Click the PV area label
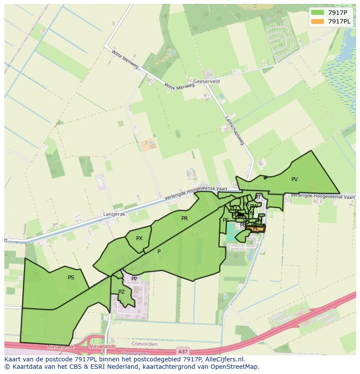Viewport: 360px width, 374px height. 294,179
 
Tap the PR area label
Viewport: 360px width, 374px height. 184,218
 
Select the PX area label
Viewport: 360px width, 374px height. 139,238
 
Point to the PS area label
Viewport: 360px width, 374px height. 71,277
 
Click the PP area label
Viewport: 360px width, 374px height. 134,279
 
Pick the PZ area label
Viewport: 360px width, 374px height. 121,292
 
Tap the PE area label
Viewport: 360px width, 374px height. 226,220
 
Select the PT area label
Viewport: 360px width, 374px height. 257,197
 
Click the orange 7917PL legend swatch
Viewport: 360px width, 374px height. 318,21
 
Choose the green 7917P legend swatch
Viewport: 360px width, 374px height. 318,13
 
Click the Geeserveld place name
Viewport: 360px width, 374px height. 207,81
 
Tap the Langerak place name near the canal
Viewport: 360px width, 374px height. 114,214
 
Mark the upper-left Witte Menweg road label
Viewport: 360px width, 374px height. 125,59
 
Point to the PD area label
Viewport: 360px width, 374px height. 233,208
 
